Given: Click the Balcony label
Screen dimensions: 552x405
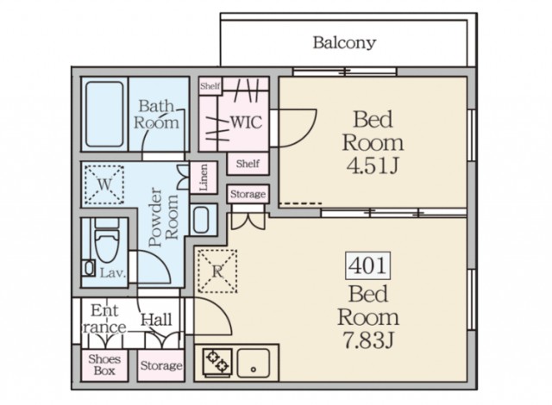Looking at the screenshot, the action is click(x=344, y=42).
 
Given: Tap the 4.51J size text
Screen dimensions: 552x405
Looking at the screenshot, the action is click(x=373, y=166).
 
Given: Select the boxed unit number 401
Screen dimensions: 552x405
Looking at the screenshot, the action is click(x=368, y=265).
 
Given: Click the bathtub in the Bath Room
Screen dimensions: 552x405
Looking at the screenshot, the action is click(x=104, y=115).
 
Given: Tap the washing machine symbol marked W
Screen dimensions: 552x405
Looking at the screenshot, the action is click(x=104, y=184).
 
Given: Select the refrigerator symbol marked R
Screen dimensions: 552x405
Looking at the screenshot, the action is click(x=217, y=271).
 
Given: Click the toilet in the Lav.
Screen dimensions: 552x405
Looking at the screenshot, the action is click(x=107, y=240).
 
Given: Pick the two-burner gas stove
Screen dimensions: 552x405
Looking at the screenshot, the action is click(x=216, y=362).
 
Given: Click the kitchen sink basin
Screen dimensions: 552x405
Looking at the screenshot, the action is click(x=254, y=363).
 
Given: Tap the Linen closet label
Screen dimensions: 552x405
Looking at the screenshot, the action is click(x=204, y=178).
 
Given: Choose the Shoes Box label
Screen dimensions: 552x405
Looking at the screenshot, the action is click(x=104, y=364).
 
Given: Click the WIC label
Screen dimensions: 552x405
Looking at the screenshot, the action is click(x=247, y=122).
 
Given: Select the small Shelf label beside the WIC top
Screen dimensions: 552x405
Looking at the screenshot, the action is click(x=210, y=86).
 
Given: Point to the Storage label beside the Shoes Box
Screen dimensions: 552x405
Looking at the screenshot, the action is click(x=161, y=365).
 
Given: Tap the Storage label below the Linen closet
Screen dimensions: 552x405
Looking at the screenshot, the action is click(x=248, y=194).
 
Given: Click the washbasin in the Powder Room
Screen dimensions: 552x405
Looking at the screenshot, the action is click(x=201, y=220).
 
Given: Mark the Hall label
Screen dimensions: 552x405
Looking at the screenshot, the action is click(x=156, y=320).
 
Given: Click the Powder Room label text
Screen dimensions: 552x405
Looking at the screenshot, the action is click(x=163, y=218).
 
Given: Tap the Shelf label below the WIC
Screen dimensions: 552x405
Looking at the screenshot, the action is click(x=248, y=164).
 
